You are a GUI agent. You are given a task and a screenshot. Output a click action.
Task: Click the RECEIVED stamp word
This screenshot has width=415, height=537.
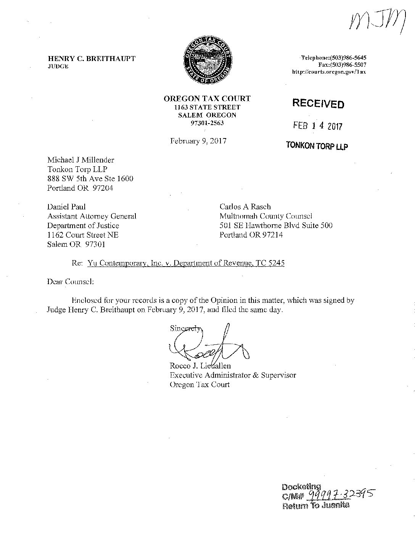coord(318,103)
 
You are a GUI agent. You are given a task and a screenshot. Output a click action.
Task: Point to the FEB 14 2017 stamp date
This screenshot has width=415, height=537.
coord(318,126)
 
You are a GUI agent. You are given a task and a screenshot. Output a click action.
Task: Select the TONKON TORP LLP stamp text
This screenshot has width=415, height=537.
coord(317,146)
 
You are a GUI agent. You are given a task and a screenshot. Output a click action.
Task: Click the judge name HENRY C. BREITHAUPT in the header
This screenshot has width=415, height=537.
coord(91,59)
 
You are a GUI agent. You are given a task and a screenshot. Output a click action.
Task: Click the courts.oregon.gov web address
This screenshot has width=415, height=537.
coord(329,72)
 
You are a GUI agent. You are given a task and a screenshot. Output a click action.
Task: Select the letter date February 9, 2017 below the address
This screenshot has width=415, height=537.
coord(198,141)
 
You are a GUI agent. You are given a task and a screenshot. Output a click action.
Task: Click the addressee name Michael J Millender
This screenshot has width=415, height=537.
coord(80,160)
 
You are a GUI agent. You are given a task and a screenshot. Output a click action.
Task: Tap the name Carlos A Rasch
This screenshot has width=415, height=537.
coord(245,207)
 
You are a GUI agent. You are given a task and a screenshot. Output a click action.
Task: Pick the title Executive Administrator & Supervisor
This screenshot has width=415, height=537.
coord(233,375)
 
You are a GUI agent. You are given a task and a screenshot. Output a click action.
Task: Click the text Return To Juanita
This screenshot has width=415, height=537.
coord(315,506)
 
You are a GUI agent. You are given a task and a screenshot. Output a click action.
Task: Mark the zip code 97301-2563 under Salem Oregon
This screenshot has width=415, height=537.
coord(207,123)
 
